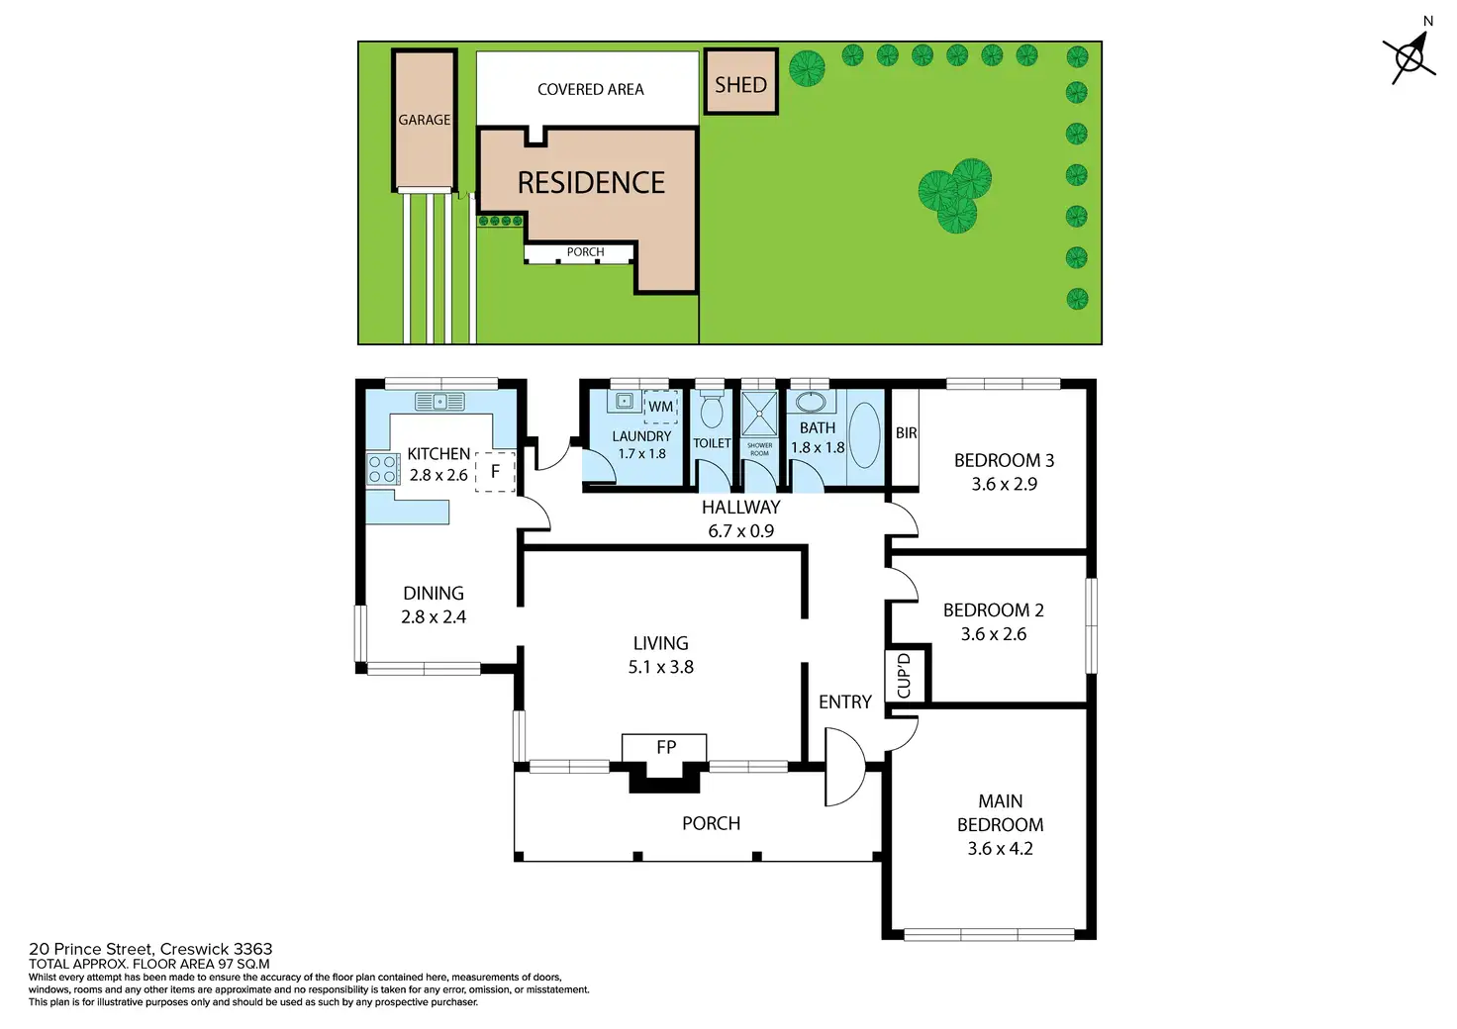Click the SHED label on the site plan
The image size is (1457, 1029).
[x=740, y=85]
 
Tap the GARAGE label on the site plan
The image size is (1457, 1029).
[x=424, y=120]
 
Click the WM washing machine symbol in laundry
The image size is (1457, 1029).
[x=660, y=407]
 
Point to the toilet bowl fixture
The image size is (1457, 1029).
[x=711, y=409]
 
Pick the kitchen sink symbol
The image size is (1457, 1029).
[x=439, y=401]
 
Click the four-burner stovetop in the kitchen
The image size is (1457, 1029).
[x=383, y=469]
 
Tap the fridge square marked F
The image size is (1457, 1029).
[x=495, y=471]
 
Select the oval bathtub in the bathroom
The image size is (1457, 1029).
[x=864, y=435]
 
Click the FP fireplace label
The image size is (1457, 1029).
[x=666, y=748]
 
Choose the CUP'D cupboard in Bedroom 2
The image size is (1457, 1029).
[x=905, y=676]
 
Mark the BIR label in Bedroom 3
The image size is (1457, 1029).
[x=906, y=433]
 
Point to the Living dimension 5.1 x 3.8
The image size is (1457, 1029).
[x=661, y=667]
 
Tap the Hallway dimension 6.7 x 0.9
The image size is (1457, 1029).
[x=740, y=531]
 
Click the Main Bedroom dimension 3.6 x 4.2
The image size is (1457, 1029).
[x=1000, y=849]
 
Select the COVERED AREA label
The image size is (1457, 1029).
[x=591, y=90]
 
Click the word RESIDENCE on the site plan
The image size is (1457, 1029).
[x=591, y=183]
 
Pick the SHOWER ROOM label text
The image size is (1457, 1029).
[x=759, y=449]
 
